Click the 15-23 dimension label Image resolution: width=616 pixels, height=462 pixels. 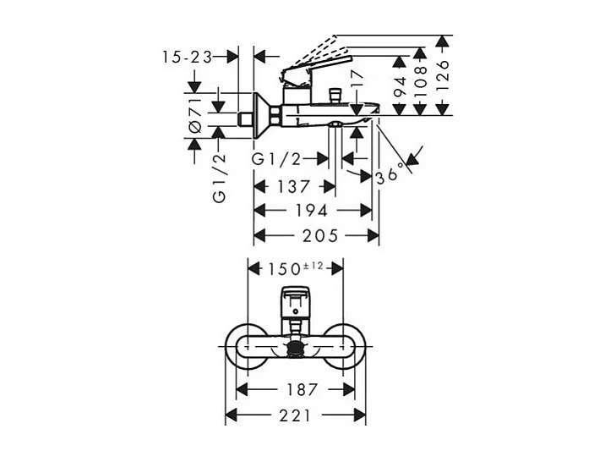pyautogui.click(x=188, y=57)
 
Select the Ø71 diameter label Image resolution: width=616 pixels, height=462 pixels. pyautogui.click(x=194, y=113)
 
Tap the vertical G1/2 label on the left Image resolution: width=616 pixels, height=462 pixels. pyautogui.click(x=220, y=179)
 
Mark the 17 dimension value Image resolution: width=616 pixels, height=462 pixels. pyautogui.click(x=357, y=81)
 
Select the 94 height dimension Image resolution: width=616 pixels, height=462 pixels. pyautogui.click(x=401, y=85)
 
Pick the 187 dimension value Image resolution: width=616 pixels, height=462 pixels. pyautogui.click(x=295, y=389)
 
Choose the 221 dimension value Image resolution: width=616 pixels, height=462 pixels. pyautogui.click(x=295, y=415)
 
